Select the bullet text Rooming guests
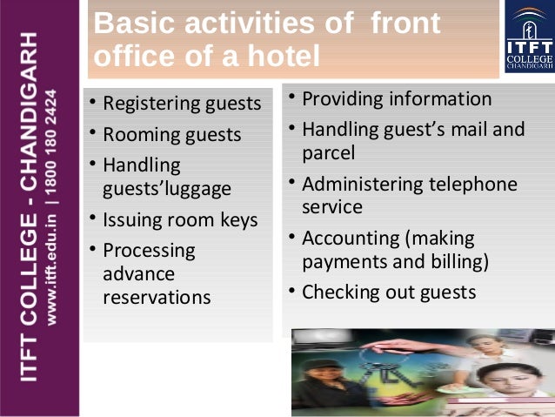[x=171, y=135]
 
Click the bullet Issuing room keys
[x=180, y=219]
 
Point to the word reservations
[x=157, y=297]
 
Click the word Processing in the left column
[x=149, y=250]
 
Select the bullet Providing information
[x=396, y=98]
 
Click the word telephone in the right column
[x=473, y=185]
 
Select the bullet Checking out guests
[x=388, y=292]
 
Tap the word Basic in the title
[x=130, y=23]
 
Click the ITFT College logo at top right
[x=528, y=39]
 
